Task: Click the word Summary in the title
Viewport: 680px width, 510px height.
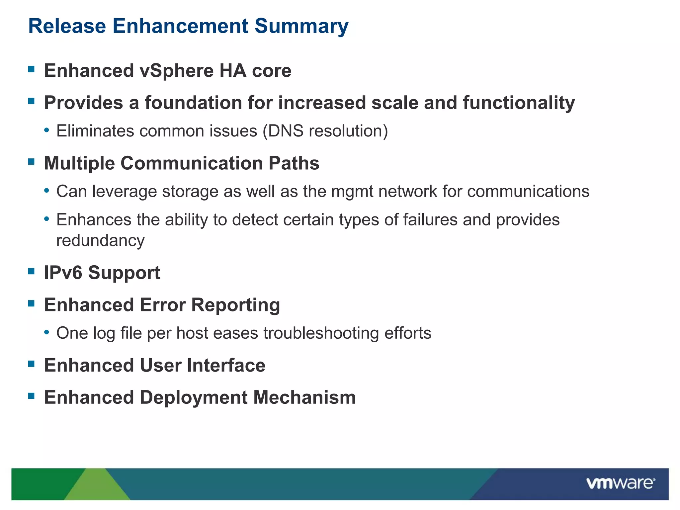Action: (x=301, y=26)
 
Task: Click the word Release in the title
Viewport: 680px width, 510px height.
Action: (x=67, y=26)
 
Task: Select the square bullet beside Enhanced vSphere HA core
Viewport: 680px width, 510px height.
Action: (x=32, y=69)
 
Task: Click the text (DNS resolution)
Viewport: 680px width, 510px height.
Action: (x=325, y=131)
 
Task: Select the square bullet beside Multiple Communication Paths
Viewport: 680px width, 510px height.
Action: (x=32, y=162)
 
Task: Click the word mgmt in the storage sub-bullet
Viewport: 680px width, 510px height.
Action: (x=352, y=192)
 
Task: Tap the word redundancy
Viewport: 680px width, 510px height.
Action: (x=100, y=240)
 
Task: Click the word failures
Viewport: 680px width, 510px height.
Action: (x=430, y=220)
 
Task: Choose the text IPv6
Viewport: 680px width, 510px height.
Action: (x=63, y=273)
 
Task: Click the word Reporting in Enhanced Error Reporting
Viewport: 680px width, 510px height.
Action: (x=235, y=305)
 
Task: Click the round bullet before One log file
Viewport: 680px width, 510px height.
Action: (x=47, y=332)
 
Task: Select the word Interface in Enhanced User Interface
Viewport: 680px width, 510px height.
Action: (x=226, y=366)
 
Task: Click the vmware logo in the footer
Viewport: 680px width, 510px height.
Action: (x=621, y=483)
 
